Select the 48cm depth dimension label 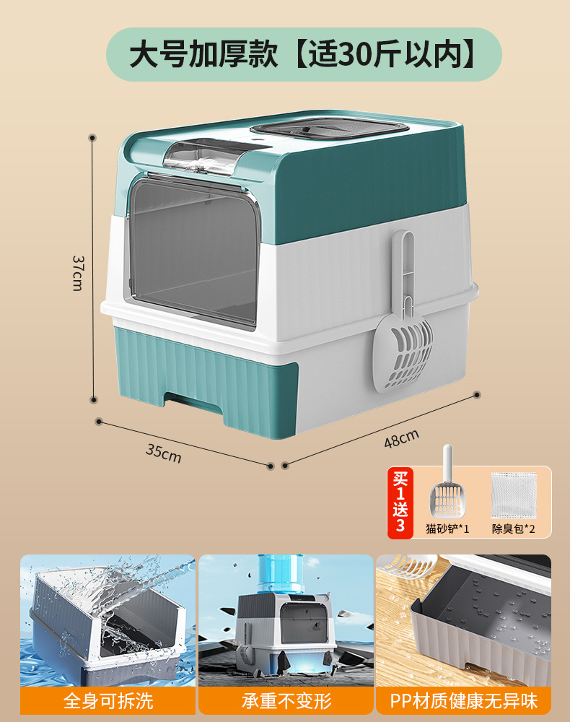401,438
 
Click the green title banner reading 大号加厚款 304,55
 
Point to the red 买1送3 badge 400,502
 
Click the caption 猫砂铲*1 447,529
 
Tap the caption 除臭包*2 514,529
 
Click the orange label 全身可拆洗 108,700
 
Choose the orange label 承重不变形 286,700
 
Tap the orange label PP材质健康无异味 463,700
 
